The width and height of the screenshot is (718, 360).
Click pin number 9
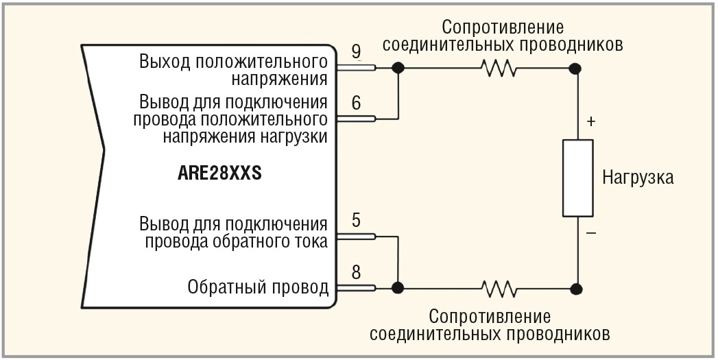356,52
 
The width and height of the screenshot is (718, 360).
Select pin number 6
356,104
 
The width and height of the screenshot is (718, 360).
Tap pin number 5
356,221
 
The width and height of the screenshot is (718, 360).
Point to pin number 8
356,272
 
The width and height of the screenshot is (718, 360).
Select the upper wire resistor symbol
499,68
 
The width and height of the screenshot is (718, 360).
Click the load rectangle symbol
577,178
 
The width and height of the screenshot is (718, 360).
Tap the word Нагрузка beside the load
637,178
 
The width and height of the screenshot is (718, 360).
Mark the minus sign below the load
591,234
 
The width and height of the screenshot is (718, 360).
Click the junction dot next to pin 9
397,68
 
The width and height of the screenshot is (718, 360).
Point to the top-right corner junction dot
576,68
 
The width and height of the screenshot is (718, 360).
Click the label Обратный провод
258,287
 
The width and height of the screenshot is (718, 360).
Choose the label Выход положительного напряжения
232,68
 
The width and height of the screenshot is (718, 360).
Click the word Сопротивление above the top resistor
502,27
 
